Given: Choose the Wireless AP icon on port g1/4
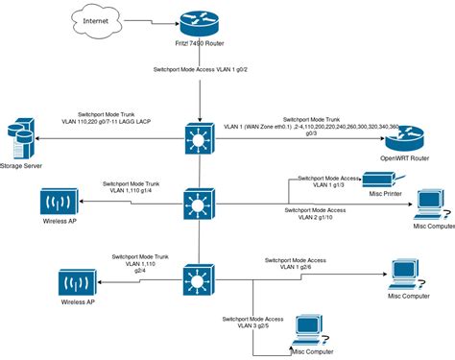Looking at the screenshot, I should click(x=59, y=203).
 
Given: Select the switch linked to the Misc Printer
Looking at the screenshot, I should click(x=198, y=204).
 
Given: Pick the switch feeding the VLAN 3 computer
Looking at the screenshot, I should click(x=198, y=282).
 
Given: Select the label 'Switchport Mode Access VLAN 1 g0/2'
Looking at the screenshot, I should click(x=198, y=70).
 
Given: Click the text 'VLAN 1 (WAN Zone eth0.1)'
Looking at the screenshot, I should click(x=259, y=126).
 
